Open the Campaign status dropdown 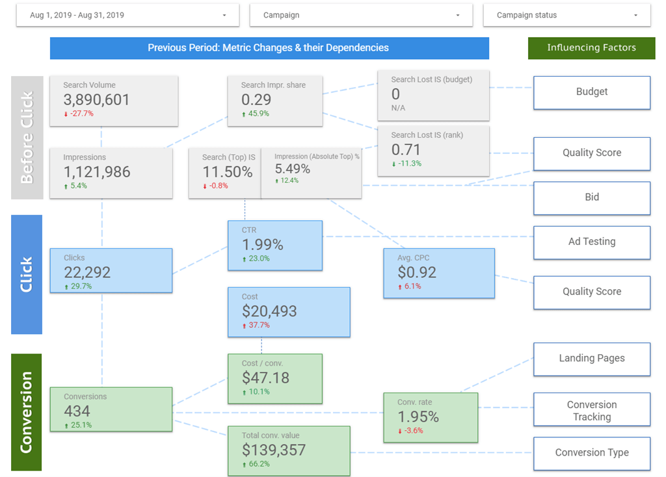(566, 15)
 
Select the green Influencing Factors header (591, 47)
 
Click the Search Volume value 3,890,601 (96, 99)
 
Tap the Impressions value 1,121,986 (97, 172)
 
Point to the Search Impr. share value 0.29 (256, 99)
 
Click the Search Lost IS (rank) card (433, 151)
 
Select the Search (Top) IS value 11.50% (227, 172)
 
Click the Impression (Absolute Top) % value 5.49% (292, 169)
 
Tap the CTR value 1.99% (263, 244)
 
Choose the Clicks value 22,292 (87, 272)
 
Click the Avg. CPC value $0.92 (417, 272)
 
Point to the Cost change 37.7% (259, 325)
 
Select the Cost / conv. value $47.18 (265, 378)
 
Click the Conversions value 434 (77, 411)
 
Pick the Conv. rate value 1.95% (418, 417)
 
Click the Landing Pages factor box (591, 358)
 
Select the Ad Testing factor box (591, 242)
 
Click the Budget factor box (591, 92)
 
